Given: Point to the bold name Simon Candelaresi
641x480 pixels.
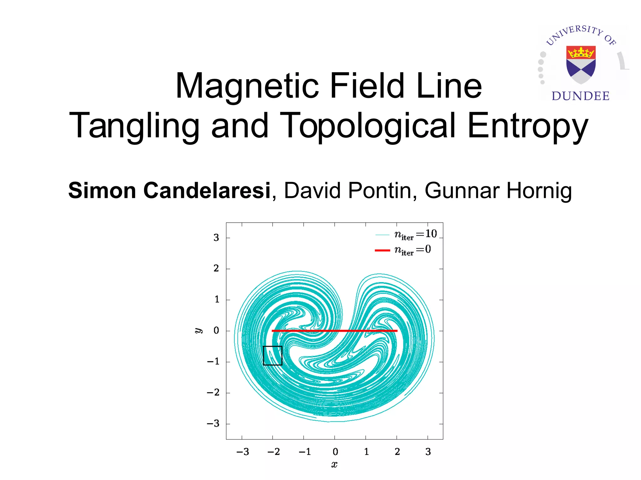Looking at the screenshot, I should pyautogui.click(x=169, y=190).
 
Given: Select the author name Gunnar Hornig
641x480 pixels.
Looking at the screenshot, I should pyautogui.click(x=498, y=190).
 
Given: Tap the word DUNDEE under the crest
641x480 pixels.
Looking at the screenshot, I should pyautogui.click(x=581, y=96).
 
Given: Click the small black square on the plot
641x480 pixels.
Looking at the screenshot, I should pyautogui.click(x=273, y=356).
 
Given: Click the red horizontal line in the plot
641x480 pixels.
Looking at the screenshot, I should pyautogui.click(x=334, y=331).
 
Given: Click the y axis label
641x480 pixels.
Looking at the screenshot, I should pyautogui.click(x=198, y=331).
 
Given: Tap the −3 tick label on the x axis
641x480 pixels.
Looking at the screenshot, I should pyautogui.click(x=243, y=452).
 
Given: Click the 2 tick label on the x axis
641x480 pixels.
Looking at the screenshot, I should pyautogui.click(x=397, y=452).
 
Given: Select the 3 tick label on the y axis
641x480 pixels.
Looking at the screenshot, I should pyautogui.click(x=216, y=238).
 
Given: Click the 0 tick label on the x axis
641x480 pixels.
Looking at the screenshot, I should pyautogui.click(x=335, y=452).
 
